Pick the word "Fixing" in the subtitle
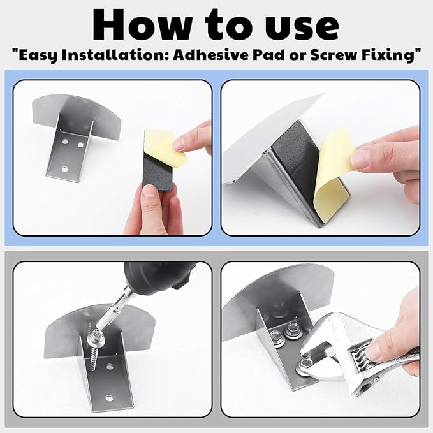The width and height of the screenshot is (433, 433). point(393,55)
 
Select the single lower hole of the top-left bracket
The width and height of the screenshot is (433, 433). point(65,169)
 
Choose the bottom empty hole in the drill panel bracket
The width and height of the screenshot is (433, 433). point(109,399)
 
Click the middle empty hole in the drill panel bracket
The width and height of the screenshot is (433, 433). point(110,367)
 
